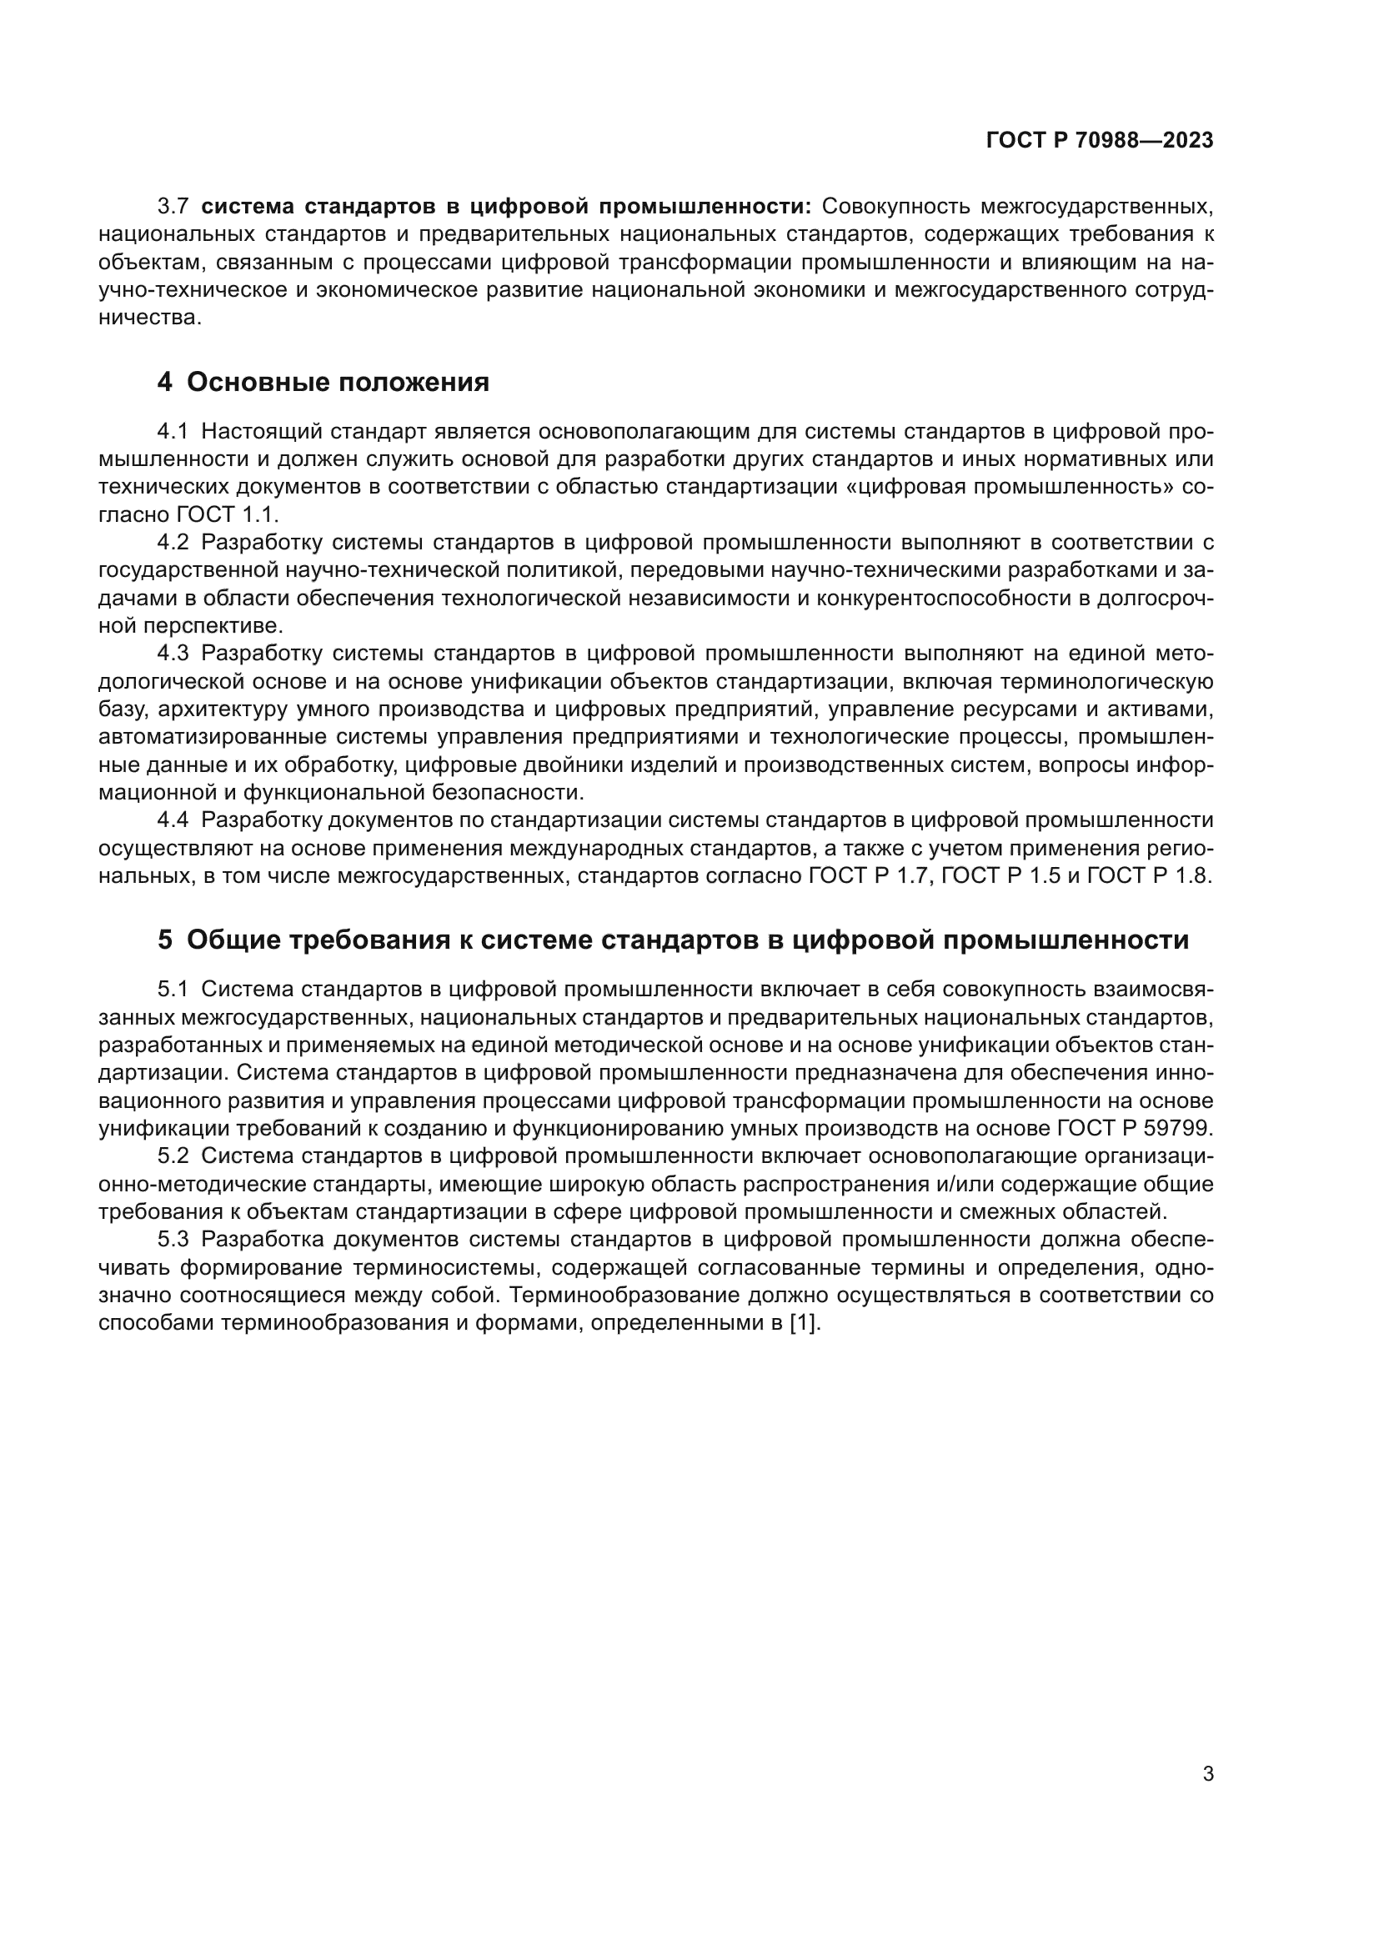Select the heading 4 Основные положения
tap(323, 383)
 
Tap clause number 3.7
tap(173, 207)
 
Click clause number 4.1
tap(173, 432)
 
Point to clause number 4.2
tap(173, 543)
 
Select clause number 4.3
tap(173, 654)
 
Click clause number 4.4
tap(173, 820)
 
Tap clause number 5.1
tap(173, 990)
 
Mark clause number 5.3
tap(173, 1240)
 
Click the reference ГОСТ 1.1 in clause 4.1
tap(228, 514)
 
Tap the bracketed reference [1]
tap(805, 1323)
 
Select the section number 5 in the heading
tap(165, 940)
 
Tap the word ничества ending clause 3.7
tap(149, 318)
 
